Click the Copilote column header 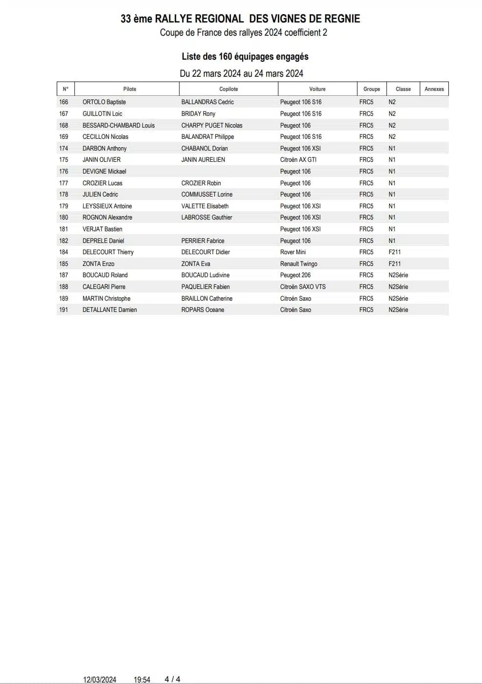(229, 89)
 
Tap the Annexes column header (434, 89)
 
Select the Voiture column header (317, 89)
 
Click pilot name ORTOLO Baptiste (104, 102)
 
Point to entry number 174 (63, 148)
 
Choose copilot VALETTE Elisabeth (205, 206)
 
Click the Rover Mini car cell (293, 252)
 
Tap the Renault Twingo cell (298, 264)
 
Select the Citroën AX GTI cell (298, 160)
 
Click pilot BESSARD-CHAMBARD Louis (118, 125)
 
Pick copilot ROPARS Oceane (203, 309)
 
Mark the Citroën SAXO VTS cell (303, 287)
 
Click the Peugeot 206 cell (295, 275)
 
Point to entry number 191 (63, 309)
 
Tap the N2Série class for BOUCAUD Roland (398, 275)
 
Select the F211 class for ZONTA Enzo (395, 264)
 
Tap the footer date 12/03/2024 (100, 680)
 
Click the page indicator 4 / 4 (172, 679)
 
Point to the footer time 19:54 (142, 680)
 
